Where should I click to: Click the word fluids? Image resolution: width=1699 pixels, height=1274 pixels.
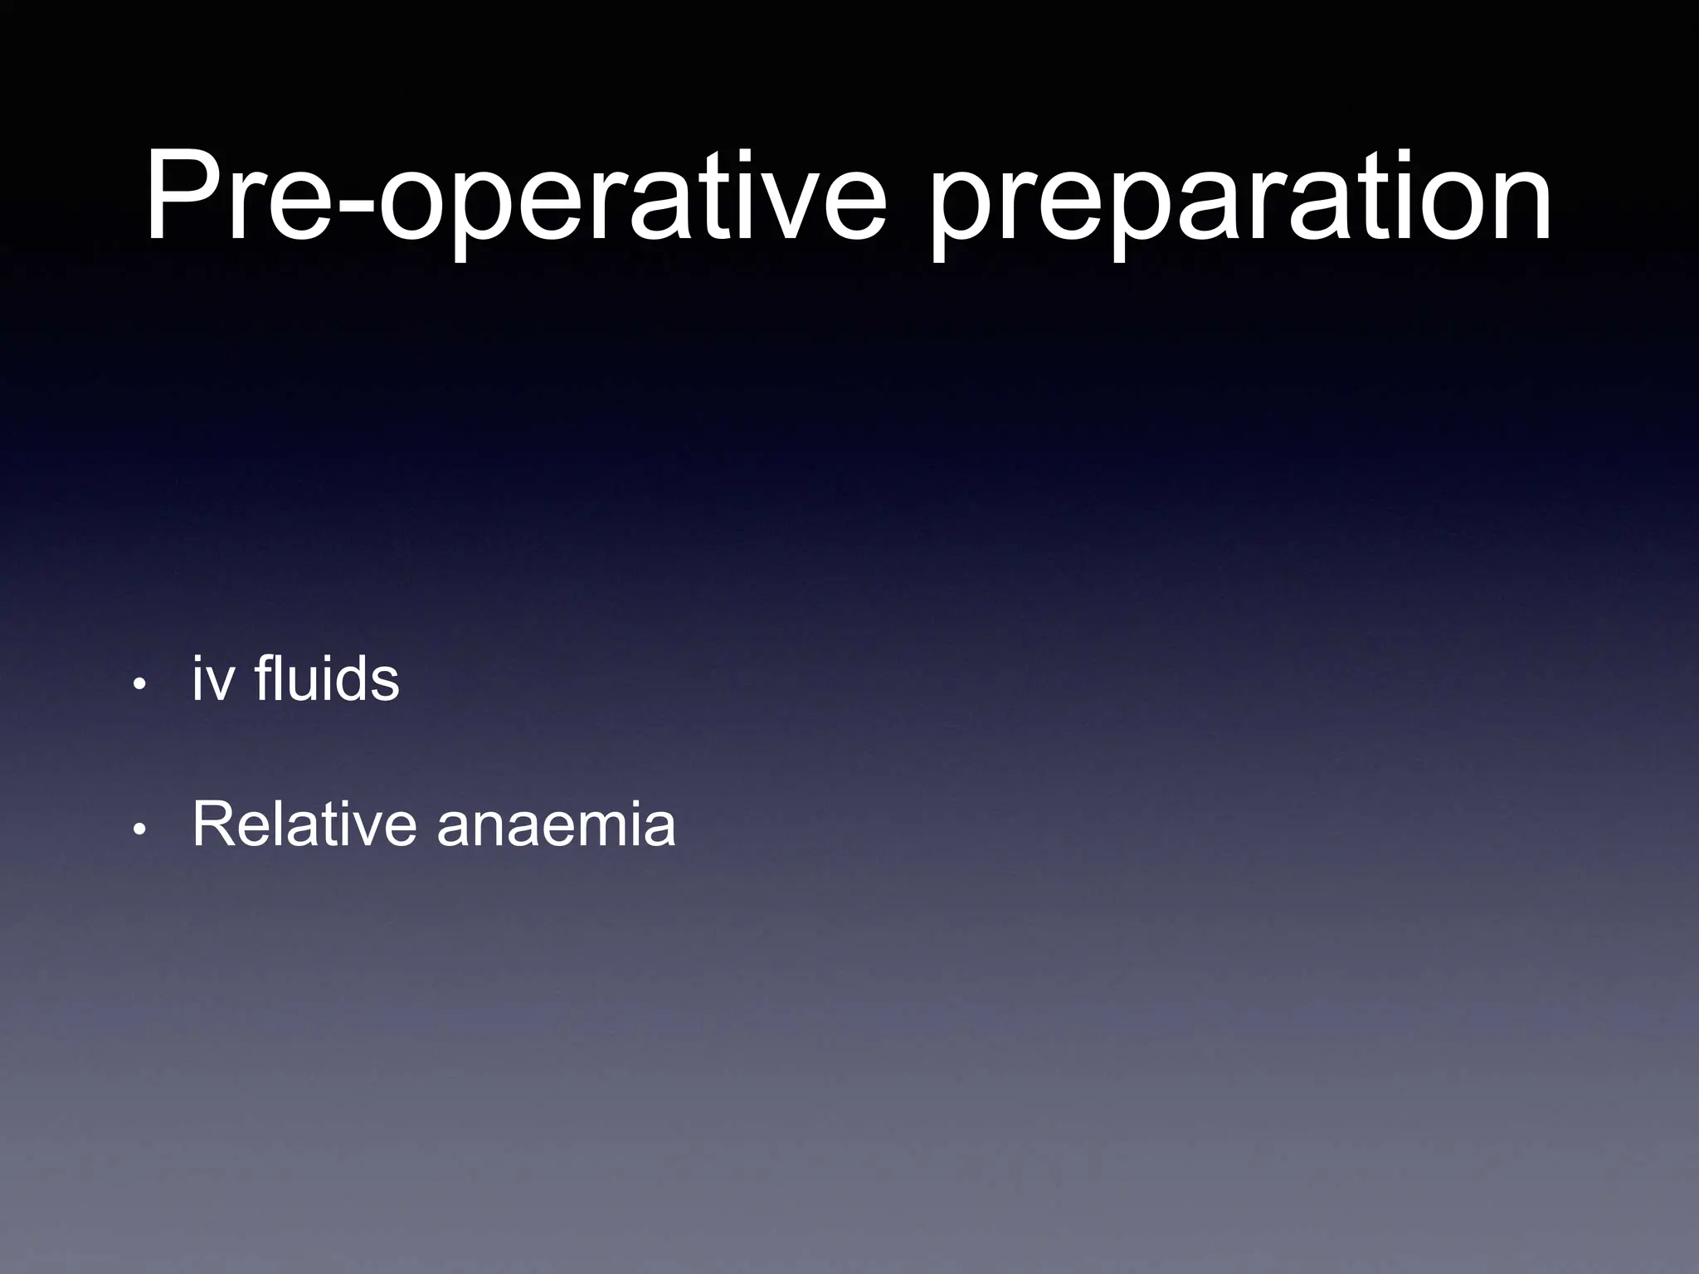[x=327, y=678]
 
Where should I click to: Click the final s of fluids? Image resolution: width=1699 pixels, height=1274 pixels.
[x=384, y=685]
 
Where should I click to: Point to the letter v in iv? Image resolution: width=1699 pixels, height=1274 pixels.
[x=219, y=685]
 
